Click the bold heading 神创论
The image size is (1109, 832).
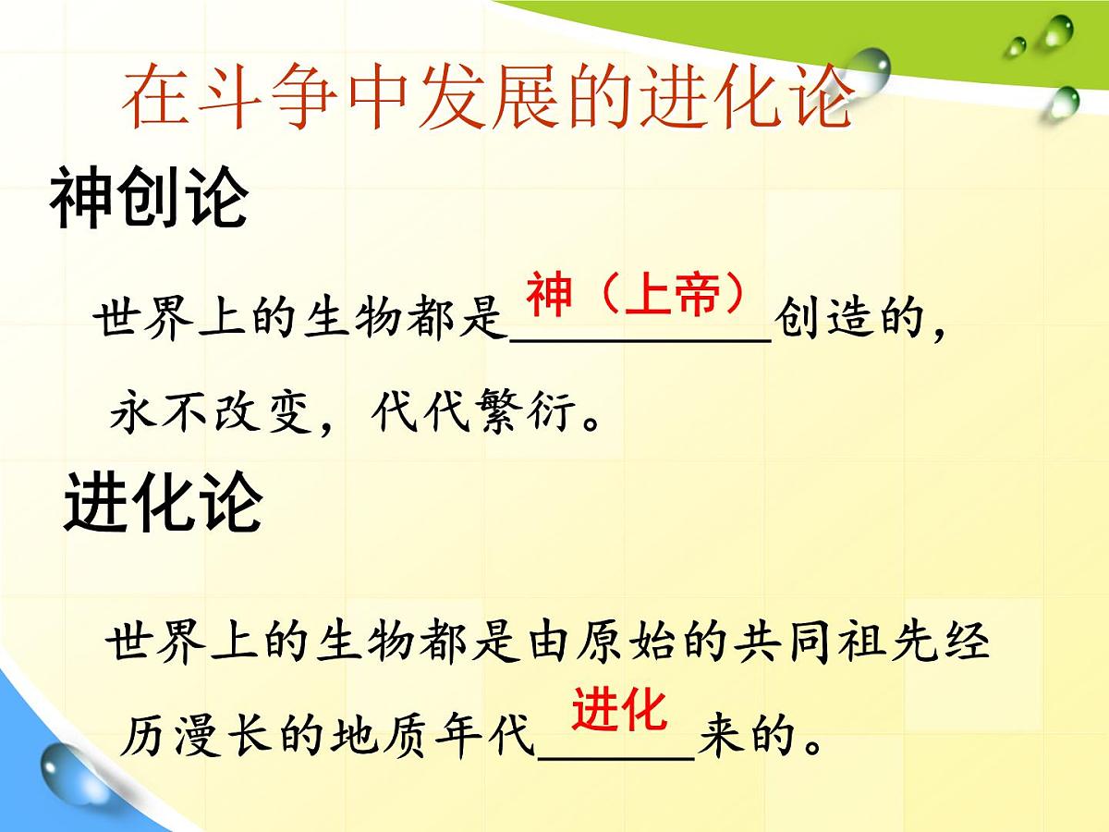coord(149,198)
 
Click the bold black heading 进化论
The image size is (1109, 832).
coord(163,503)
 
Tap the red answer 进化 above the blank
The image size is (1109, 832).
coord(618,710)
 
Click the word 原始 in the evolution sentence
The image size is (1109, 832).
coord(622,642)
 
